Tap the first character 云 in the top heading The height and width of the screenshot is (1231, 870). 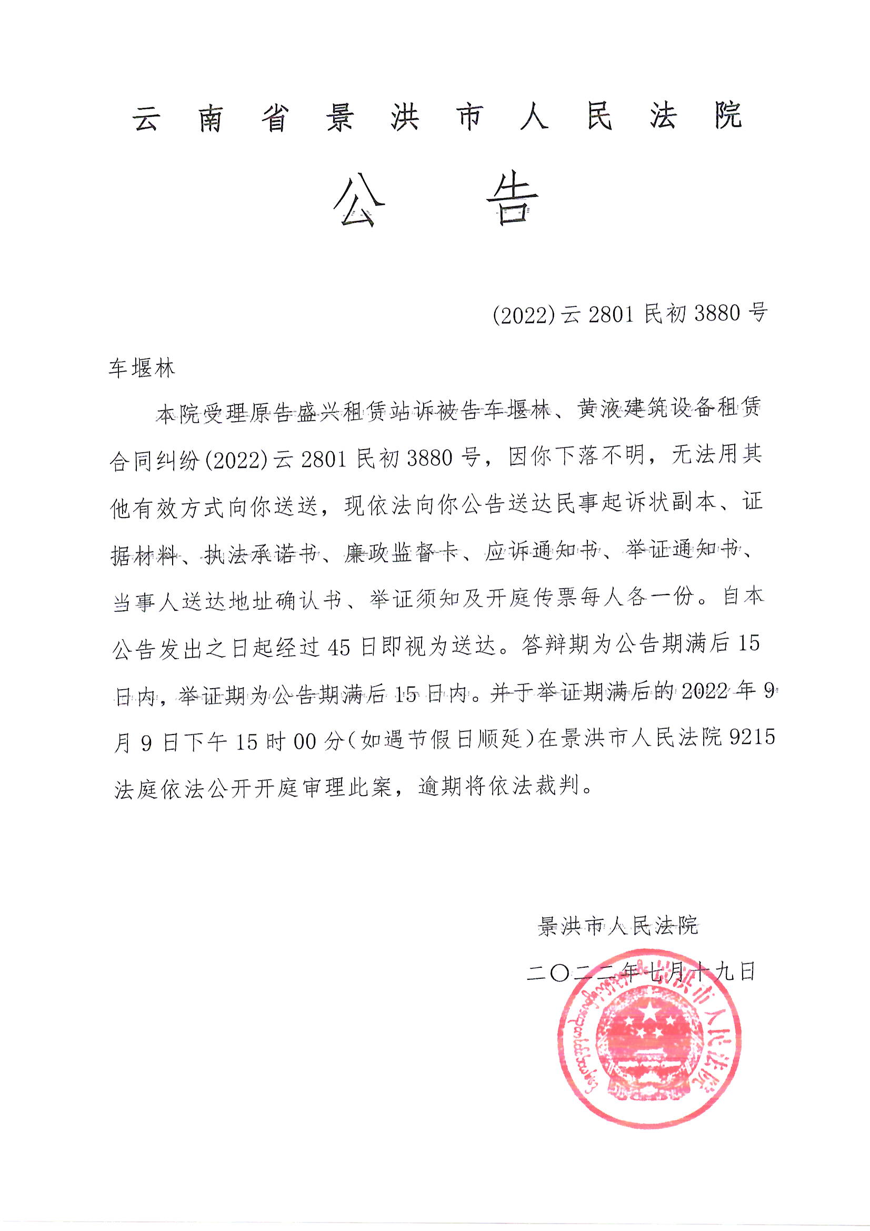coord(146,116)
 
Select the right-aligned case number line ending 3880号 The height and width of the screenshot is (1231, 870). coord(630,314)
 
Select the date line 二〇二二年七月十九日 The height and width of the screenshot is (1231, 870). coord(641,971)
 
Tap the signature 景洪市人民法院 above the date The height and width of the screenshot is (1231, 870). coord(618,926)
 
